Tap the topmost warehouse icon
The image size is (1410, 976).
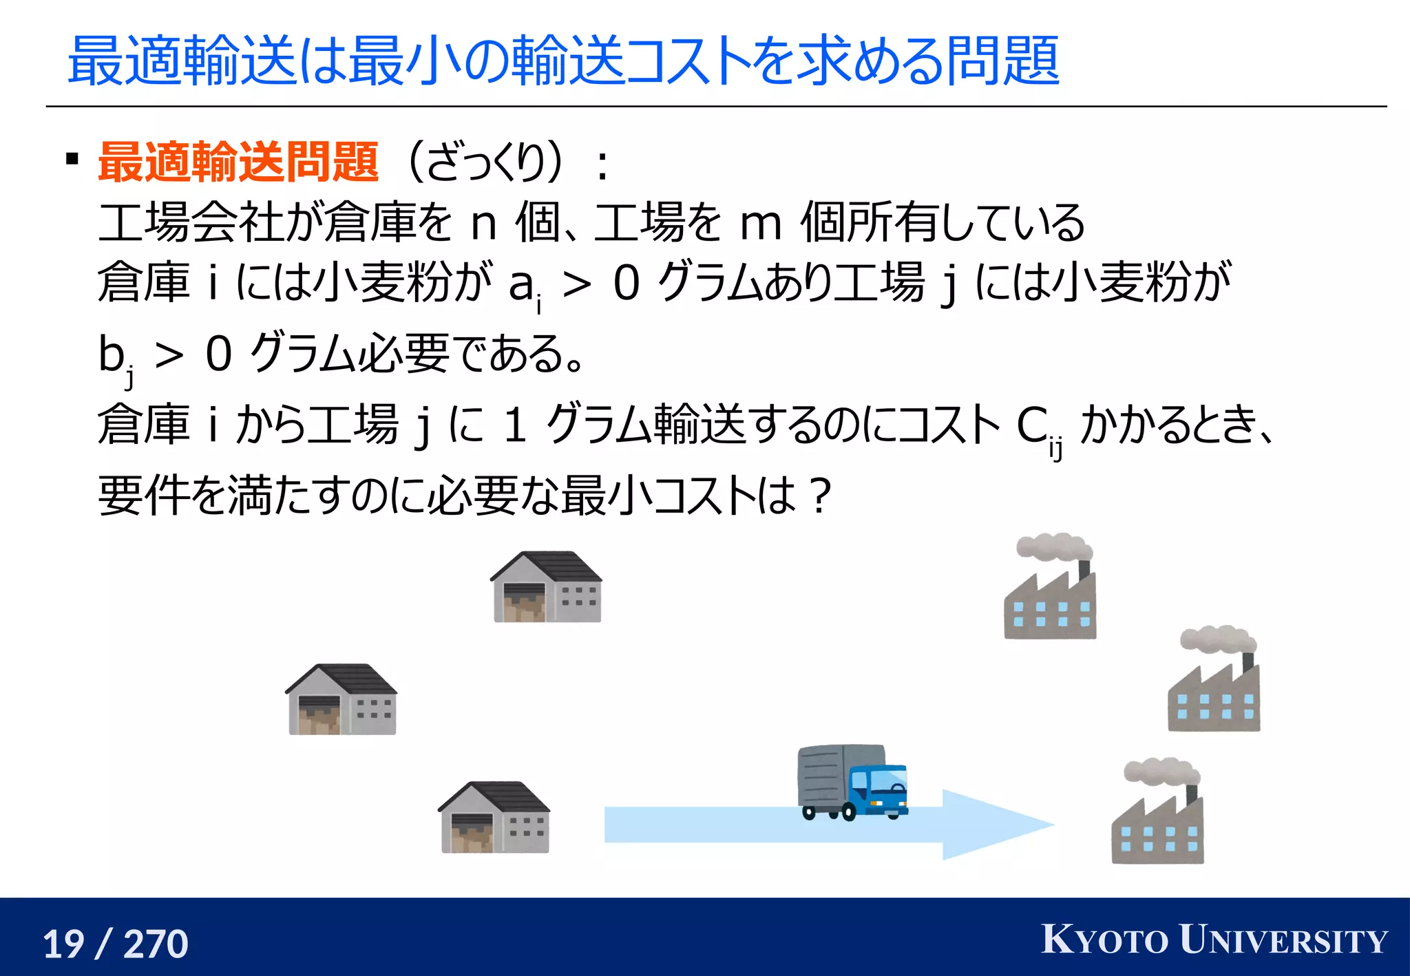tap(547, 587)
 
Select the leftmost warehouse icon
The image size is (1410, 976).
tap(341, 699)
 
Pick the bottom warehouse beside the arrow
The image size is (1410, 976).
tap(494, 818)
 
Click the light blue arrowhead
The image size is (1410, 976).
tap(991, 825)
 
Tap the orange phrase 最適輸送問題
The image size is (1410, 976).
tap(238, 162)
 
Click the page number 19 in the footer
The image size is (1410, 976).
tap(64, 944)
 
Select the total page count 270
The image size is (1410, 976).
tap(156, 944)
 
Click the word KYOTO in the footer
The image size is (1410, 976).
tap(1104, 940)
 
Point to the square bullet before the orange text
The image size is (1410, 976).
tap(72, 160)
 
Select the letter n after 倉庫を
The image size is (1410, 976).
tap(484, 224)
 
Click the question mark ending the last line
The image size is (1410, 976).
tap(820, 496)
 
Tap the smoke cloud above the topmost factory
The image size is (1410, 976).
tap(1053, 546)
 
